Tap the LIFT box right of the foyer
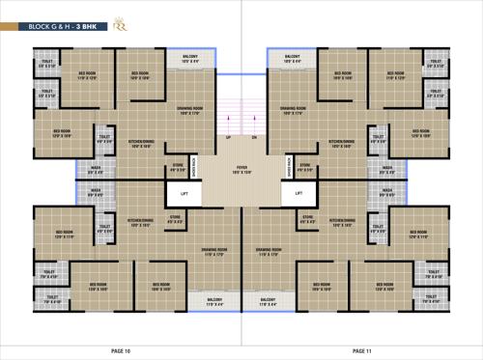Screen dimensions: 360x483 point(298,193)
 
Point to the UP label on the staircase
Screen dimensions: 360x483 point(228,138)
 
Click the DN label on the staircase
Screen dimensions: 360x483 point(253,138)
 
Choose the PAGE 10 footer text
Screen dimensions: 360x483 point(120,349)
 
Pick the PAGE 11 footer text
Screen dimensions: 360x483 point(362,349)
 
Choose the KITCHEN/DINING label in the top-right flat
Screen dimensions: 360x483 point(341,144)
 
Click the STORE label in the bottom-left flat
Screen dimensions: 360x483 point(175,219)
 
